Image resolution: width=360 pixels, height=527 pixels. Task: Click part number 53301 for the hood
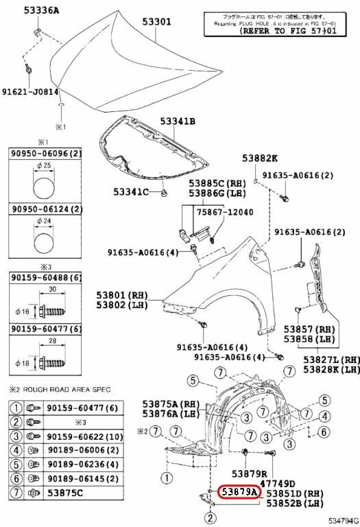156,21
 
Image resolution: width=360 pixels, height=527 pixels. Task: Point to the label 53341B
178,121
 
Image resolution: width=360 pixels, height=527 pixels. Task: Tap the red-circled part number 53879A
239,492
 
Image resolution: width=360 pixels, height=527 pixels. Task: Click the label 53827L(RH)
333,360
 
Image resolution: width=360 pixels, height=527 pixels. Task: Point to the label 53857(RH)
309,329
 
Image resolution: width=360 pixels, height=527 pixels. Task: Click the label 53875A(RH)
169,403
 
